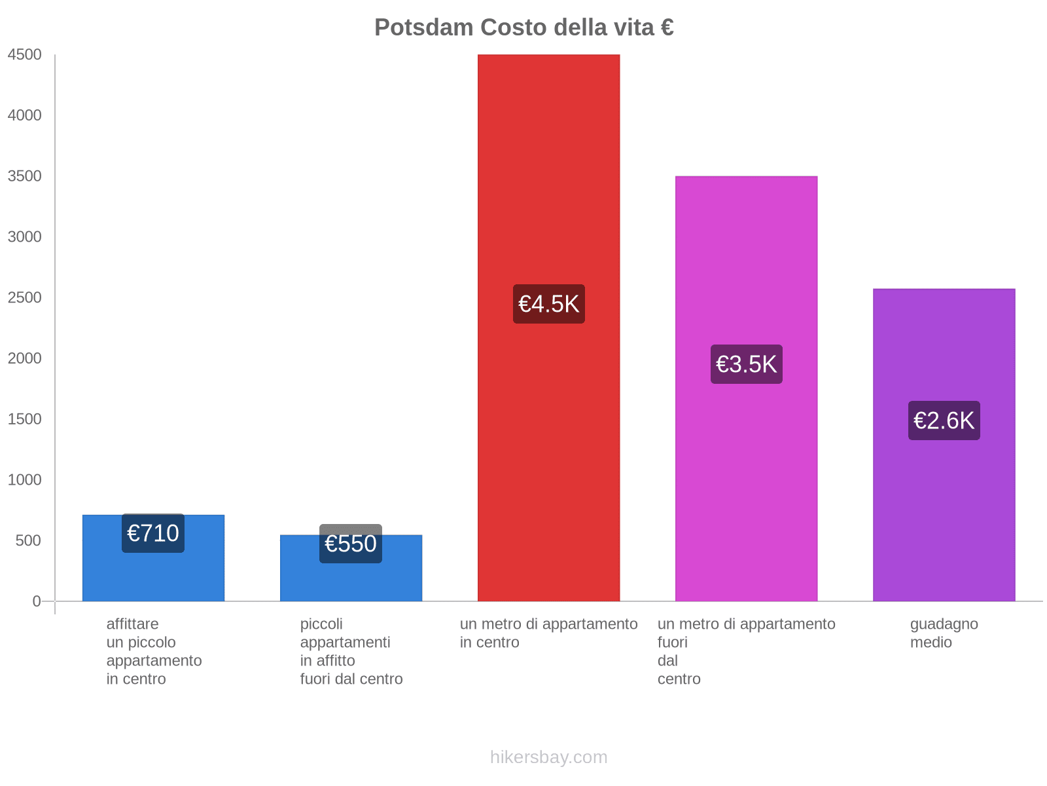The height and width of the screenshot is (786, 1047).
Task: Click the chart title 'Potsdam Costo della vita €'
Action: click(x=524, y=28)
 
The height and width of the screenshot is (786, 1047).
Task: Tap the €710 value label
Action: click(x=153, y=533)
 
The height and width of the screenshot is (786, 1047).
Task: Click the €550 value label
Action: click(x=351, y=544)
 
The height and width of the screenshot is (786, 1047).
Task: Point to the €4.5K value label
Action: click(x=548, y=304)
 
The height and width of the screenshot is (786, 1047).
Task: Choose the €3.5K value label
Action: click(x=746, y=364)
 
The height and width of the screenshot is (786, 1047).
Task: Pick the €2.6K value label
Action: click(x=944, y=421)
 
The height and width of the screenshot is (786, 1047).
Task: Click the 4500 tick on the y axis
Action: click(x=25, y=55)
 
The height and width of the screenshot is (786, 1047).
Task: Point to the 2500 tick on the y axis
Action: click(x=25, y=298)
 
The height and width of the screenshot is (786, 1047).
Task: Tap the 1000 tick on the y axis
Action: click(x=25, y=480)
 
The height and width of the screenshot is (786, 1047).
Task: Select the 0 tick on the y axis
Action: click(x=37, y=601)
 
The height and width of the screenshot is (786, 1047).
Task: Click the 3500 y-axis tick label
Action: click(x=25, y=176)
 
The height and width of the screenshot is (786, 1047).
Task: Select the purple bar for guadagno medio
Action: click(x=944, y=524)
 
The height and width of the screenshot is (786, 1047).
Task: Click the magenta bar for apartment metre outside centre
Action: click(x=746, y=491)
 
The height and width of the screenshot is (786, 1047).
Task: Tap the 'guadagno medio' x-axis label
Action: click(x=944, y=633)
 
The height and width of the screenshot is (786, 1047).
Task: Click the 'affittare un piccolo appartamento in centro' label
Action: click(x=154, y=652)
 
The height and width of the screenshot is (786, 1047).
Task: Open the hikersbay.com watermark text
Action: click(x=548, y=757)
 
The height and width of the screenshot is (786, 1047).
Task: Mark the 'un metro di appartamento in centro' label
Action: click(x=548, y=633)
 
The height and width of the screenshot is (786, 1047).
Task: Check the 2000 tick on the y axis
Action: click(x=25, y=358)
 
